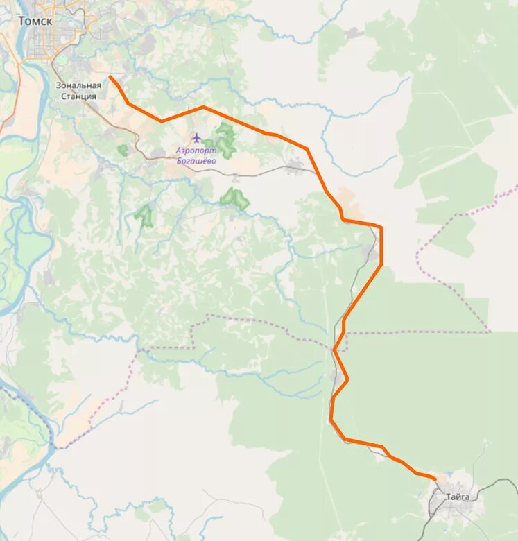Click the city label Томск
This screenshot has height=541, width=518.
[x=35, y=21]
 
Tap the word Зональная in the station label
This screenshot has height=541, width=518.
[x=78, y=85]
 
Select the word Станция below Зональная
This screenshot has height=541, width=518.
[x=78, y=96]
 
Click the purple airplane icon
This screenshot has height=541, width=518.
[x=196, y=137]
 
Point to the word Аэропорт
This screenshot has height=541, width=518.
[x=196, y=151]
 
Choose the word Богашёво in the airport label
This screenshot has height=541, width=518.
[x=196, y=161]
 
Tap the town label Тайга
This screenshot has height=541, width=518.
[x=458, y=497]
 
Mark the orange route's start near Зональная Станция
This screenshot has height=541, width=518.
[x=110, y=77]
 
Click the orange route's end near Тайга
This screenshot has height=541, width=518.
[x=435, y=478]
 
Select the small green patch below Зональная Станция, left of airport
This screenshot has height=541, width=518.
[x=123, y=150]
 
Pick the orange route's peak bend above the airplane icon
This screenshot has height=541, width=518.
[x=202, y=108]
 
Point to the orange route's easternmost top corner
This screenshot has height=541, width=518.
[x=381, y=227]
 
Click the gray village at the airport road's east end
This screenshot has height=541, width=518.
[x=295, y=166]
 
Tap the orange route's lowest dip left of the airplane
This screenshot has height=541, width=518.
[x=162, y=121]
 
